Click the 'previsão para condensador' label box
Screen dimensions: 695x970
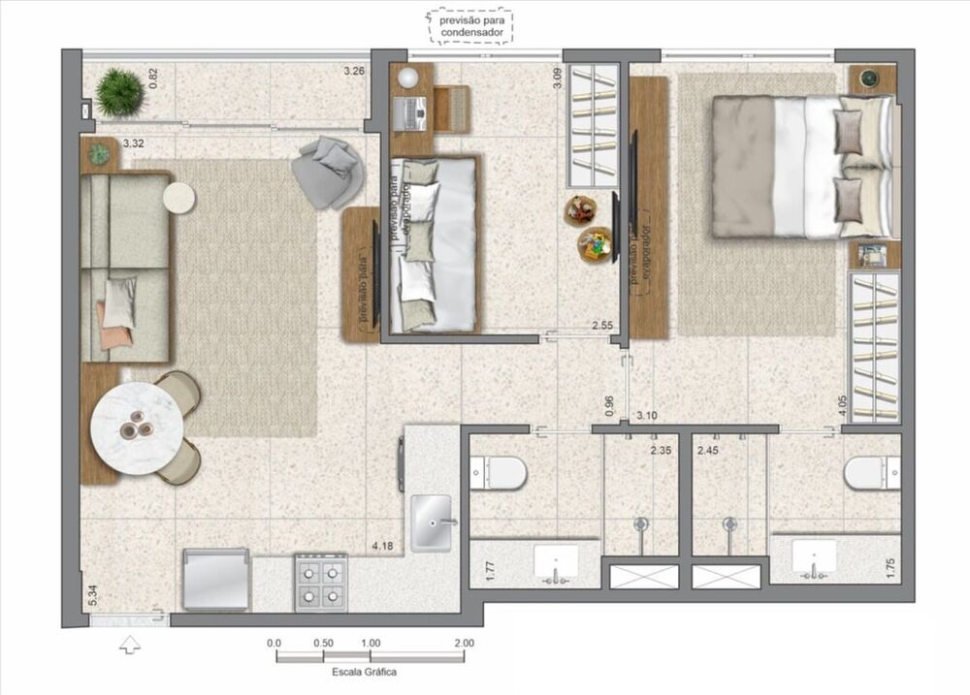[x=471, y=26]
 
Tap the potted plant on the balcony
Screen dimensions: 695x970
[x=120, y=91]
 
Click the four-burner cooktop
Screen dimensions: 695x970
[x=320, y=582]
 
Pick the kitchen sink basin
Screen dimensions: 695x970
[x=432, y=522]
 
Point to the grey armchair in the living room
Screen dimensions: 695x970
[x=330, y=172]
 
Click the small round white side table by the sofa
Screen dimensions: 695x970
[x=179, y=197]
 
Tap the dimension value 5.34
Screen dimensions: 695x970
[x=92, y=596]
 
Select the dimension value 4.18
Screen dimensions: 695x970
[x=380, y=548]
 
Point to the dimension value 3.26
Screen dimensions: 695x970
[x=354, y=71]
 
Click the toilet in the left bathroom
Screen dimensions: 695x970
[x=502, y=473]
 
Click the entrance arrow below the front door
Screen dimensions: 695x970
[x=129, y=644]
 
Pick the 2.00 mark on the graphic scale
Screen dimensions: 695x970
[x=464, y=643]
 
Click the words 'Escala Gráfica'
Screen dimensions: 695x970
[x=365, y=672]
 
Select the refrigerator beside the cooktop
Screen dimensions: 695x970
[x=216, y=579]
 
